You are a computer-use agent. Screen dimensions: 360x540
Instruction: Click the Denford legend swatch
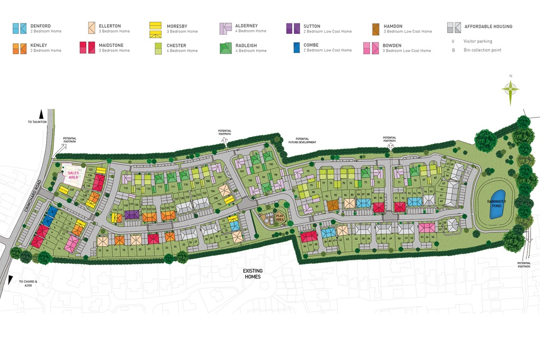click(19, 28)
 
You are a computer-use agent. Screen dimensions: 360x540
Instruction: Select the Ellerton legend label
click(110, 26)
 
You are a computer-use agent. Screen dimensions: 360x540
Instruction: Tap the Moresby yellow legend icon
click(156, 29)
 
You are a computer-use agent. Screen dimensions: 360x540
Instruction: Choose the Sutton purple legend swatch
click(293, 28)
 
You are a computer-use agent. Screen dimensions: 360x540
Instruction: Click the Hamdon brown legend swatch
click(376, 28)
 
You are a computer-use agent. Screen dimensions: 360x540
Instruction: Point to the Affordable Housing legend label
click(488, 26)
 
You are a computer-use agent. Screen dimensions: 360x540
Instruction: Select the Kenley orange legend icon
click(19, 48)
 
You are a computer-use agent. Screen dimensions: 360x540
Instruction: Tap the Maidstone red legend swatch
click(86, 48)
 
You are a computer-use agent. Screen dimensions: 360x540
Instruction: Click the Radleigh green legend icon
click(226, 48)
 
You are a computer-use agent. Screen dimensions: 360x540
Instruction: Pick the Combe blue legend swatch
click(296, 48)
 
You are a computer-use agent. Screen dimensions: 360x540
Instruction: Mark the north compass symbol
click(510, 90)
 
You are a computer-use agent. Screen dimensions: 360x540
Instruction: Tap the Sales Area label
click(73, 175)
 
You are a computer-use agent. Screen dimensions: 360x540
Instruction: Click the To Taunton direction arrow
click(41, 113)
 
